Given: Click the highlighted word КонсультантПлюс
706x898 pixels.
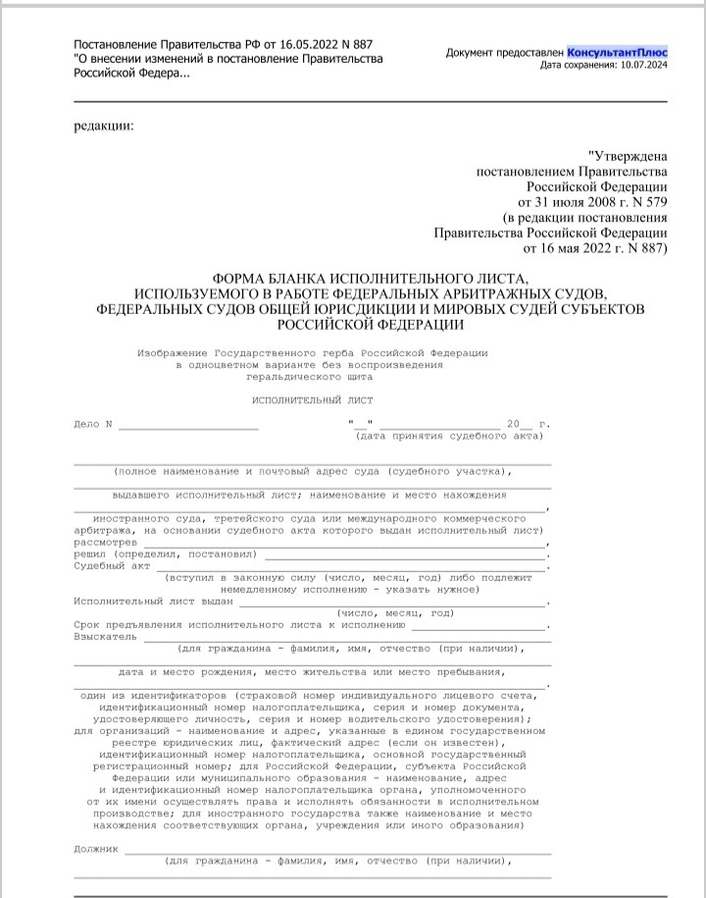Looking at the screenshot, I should click(618, 51).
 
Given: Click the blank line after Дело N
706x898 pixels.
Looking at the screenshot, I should click(188, 426).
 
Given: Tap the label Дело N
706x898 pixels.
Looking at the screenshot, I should click(94, 425).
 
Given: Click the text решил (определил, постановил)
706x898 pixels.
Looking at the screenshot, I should click(164, 555).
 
